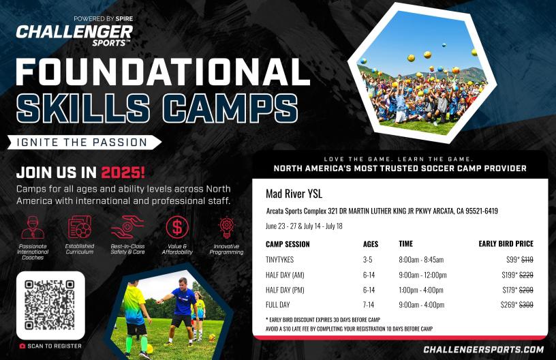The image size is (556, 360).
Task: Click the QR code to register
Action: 50,305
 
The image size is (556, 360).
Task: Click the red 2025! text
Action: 123,172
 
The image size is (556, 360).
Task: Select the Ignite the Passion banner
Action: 84,142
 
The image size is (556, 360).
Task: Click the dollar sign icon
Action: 177,227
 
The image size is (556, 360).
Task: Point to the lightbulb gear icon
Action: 226,227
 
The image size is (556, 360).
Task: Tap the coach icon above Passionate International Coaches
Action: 33,227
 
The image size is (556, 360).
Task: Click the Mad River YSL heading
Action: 294,194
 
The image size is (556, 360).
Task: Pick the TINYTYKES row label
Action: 280,260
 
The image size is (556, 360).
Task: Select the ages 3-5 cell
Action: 368,260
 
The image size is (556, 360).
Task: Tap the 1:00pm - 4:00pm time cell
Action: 421,290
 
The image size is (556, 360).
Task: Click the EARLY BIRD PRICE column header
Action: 506,243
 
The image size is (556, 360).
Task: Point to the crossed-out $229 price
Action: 526,275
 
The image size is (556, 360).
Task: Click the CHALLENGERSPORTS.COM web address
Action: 484,349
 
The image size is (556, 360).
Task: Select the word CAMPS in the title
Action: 230,108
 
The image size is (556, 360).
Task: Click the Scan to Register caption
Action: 50,346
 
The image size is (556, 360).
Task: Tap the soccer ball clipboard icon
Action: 80,227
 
